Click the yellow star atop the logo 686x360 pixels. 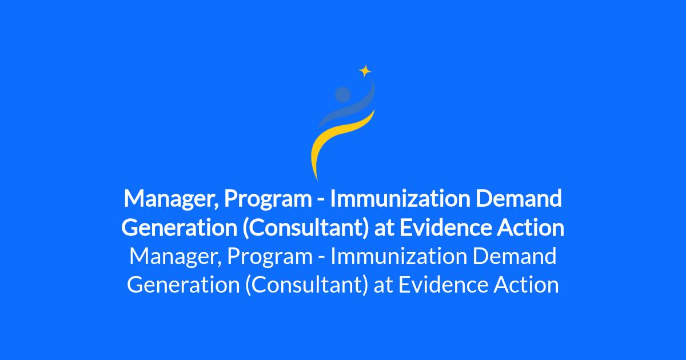(x=365, y=71)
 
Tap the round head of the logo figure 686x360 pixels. (x=342, y=94)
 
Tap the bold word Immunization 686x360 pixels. (x=400, y=199)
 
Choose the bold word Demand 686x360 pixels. (x=519, y=199)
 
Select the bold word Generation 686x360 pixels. (x=179, y=227)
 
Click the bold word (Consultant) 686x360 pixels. (x=306, y=228)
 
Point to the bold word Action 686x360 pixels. (x=530, y=227)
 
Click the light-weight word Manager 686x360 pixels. (x=175, y=257)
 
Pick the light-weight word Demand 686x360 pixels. (x=514, y=256)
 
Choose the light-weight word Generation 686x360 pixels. (x=183, y=285)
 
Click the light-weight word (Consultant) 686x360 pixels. (x=306, y=285)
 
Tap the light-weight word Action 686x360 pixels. (x=526, y=285)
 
